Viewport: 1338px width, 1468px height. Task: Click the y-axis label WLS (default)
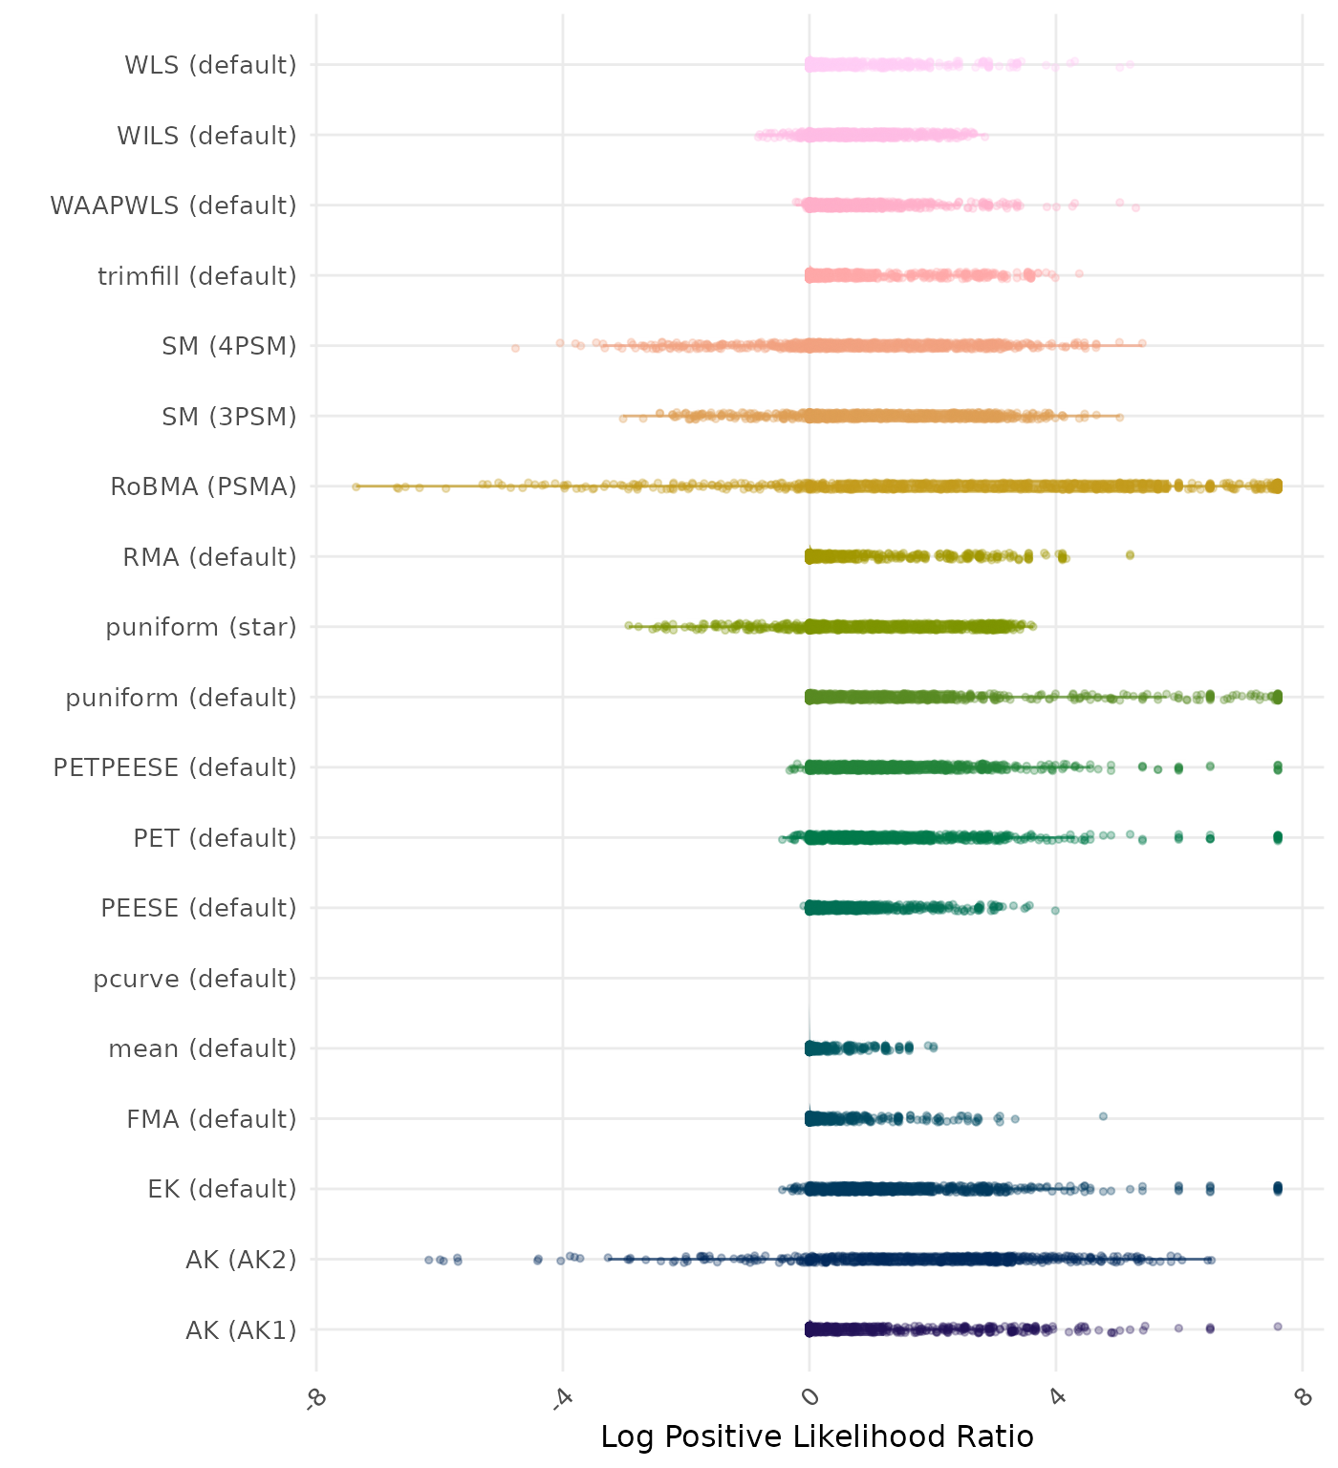(210, 65)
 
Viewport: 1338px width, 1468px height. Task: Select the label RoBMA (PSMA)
(203, 486)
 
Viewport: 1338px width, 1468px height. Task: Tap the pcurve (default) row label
(195, 979)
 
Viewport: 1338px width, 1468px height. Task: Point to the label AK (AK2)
(241, 1260)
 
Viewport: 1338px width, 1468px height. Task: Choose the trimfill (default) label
(197, 276)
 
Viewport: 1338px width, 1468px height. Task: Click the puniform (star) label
(201, 627)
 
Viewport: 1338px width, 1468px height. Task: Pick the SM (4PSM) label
(229, 346)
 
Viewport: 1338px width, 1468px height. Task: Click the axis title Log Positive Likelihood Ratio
(817, 1436)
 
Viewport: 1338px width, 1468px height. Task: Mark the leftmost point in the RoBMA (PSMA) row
(356, 486)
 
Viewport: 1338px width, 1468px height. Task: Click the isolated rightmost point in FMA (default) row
(1103, 1116)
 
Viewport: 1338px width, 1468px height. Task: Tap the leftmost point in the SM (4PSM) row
(515, 348)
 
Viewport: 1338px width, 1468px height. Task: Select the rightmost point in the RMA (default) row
(1130, 555)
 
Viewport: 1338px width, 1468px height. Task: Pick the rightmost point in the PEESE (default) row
(1055, 910)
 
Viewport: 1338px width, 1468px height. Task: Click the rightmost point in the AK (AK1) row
(1278, 1327)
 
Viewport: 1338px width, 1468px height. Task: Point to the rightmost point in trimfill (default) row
(1079, 273)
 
